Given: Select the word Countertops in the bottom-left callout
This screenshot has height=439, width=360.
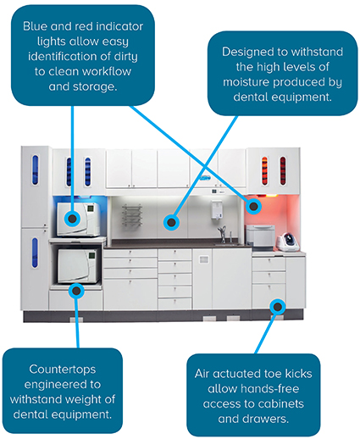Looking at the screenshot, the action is (63, 370).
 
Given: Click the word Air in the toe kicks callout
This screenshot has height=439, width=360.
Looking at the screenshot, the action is (202, 374).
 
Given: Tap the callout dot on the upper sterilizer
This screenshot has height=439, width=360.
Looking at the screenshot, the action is (72, 219).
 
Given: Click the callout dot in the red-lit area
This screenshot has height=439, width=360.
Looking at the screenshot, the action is (253, 206).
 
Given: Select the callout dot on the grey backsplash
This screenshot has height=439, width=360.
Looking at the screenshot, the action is (171, 222).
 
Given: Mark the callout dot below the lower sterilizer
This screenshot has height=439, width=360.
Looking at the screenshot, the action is (76, 291).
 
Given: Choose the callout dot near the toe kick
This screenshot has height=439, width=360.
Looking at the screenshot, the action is (278, 307).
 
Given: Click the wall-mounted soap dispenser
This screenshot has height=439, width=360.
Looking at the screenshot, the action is (217, 209).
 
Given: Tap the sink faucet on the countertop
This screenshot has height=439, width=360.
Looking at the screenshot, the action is (223, 234).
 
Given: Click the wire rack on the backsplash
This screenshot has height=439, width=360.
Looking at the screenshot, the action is (131, 215).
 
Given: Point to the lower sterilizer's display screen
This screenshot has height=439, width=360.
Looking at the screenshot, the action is (91, 256).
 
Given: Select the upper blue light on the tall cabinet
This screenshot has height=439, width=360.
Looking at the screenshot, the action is (36, 169).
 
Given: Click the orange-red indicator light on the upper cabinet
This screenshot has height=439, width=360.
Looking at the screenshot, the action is (264, 171).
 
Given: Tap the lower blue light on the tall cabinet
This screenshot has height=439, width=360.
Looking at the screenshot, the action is (35, 253).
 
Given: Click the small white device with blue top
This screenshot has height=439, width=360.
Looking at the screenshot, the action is (288, 242).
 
